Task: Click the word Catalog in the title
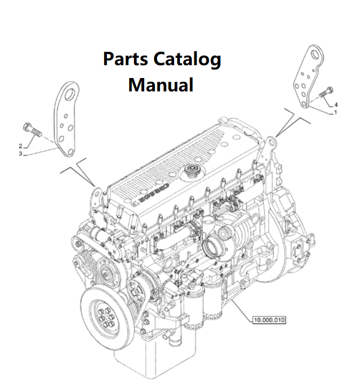(187, 59)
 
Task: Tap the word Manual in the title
(161, 84)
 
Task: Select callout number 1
(335, 113)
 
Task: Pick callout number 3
(20, 154)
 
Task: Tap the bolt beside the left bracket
(33, 130)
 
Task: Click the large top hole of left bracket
(69, 96)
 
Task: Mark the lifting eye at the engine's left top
(97, 189)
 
